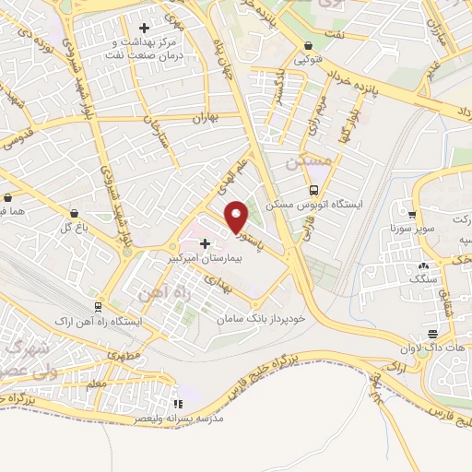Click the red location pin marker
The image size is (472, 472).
(x=237, y=217)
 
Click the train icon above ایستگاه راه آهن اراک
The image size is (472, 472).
(x=97, y=306)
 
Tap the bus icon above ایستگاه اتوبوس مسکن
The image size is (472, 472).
(x=314, y=190)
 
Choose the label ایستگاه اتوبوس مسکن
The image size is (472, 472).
(x=314, y=205)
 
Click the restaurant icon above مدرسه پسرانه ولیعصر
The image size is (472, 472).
(x=179, y=403)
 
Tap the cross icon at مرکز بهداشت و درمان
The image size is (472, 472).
(x=144, y=28)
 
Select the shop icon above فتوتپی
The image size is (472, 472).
(x=307, y=44)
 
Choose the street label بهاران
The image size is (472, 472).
(x=202, y=119)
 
